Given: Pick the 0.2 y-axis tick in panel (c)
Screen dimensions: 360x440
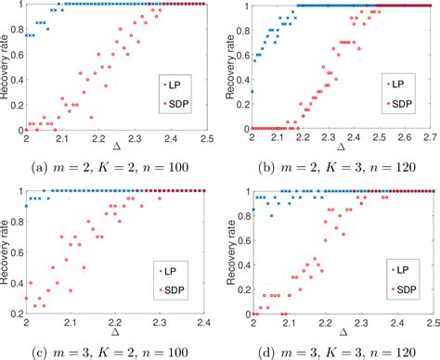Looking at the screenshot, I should click(x=17, y=312).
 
